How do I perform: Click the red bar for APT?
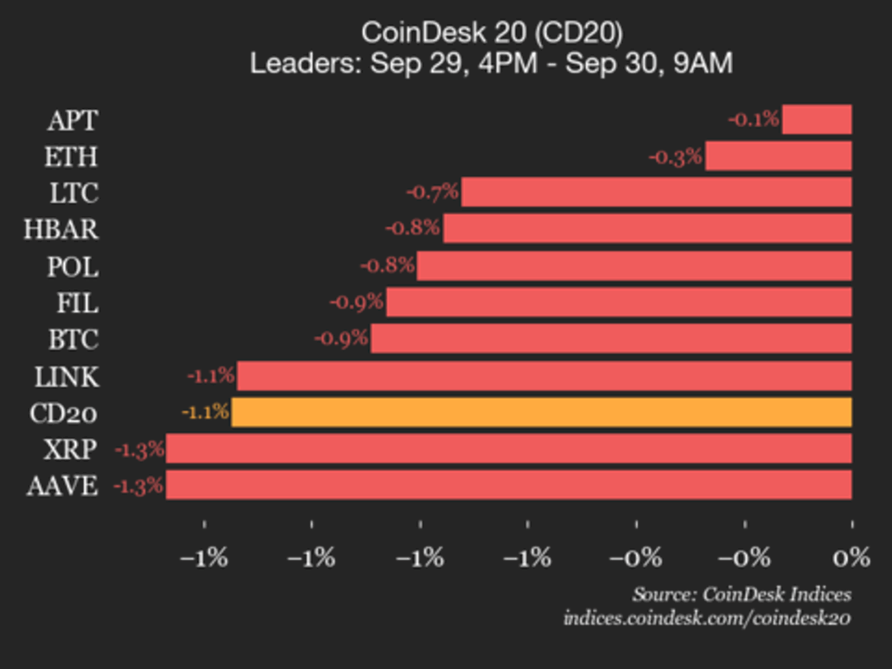pos(817,119)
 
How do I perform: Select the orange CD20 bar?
pos(541,412)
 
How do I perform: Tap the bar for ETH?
pos(778,156)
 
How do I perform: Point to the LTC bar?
pos(656,192)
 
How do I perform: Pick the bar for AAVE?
pos(508,485)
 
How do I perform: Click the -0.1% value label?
pos(753,119)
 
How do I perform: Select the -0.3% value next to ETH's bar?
pos(676,156)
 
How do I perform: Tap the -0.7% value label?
pos(432,191)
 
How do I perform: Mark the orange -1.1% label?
pos(205,412)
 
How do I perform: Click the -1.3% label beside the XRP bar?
pos(139,449)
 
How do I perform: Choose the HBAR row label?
pos(61,229)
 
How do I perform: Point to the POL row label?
pos(72,266)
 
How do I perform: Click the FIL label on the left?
pos(77,303)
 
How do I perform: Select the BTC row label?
pos(73,340)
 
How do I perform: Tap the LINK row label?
pos(67,377)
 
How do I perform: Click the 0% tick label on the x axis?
pos(852,558)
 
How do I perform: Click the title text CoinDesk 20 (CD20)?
pos(491,33)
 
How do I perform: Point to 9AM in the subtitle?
pos(703,63)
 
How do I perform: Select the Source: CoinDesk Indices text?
pos(741,594)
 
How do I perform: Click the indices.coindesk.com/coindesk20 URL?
pos(707,618)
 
